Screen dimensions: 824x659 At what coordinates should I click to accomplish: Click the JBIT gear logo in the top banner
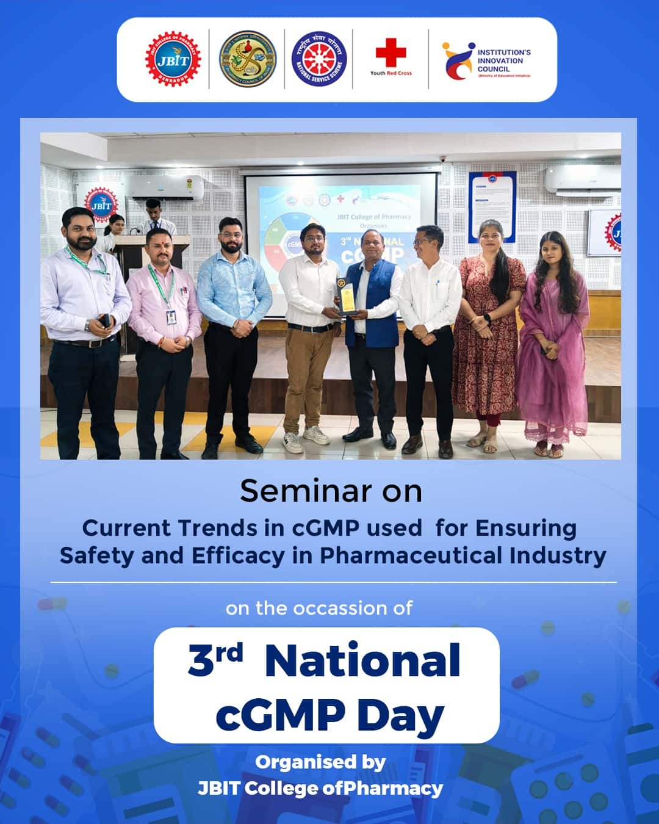click(173, 59)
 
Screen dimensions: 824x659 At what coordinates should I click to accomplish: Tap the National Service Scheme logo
click(319, 59)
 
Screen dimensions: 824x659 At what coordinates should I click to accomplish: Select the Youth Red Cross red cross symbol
click(391, 52)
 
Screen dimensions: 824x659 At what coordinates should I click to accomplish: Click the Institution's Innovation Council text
click(503, 61)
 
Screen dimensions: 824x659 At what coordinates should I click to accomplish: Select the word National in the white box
click(362, 660)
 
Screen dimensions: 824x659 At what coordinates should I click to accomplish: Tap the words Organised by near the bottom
click(320, 762)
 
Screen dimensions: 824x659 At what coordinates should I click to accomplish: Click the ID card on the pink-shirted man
click(171, 317)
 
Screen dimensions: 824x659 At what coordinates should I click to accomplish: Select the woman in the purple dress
click(553, 342)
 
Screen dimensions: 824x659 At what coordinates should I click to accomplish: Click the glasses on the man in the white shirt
click(423, 241)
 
